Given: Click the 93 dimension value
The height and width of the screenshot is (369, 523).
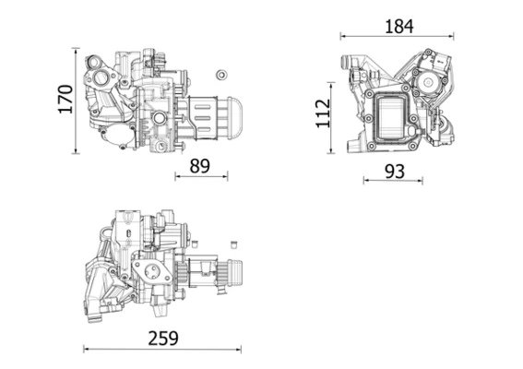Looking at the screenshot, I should tap(394, 172).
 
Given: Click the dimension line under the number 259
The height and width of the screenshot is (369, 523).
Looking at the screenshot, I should tap(162, 350).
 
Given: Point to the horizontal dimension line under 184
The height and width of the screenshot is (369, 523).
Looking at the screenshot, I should tap(399, 37).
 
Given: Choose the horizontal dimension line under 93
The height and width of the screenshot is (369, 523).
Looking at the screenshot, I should tap(394, 181).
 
